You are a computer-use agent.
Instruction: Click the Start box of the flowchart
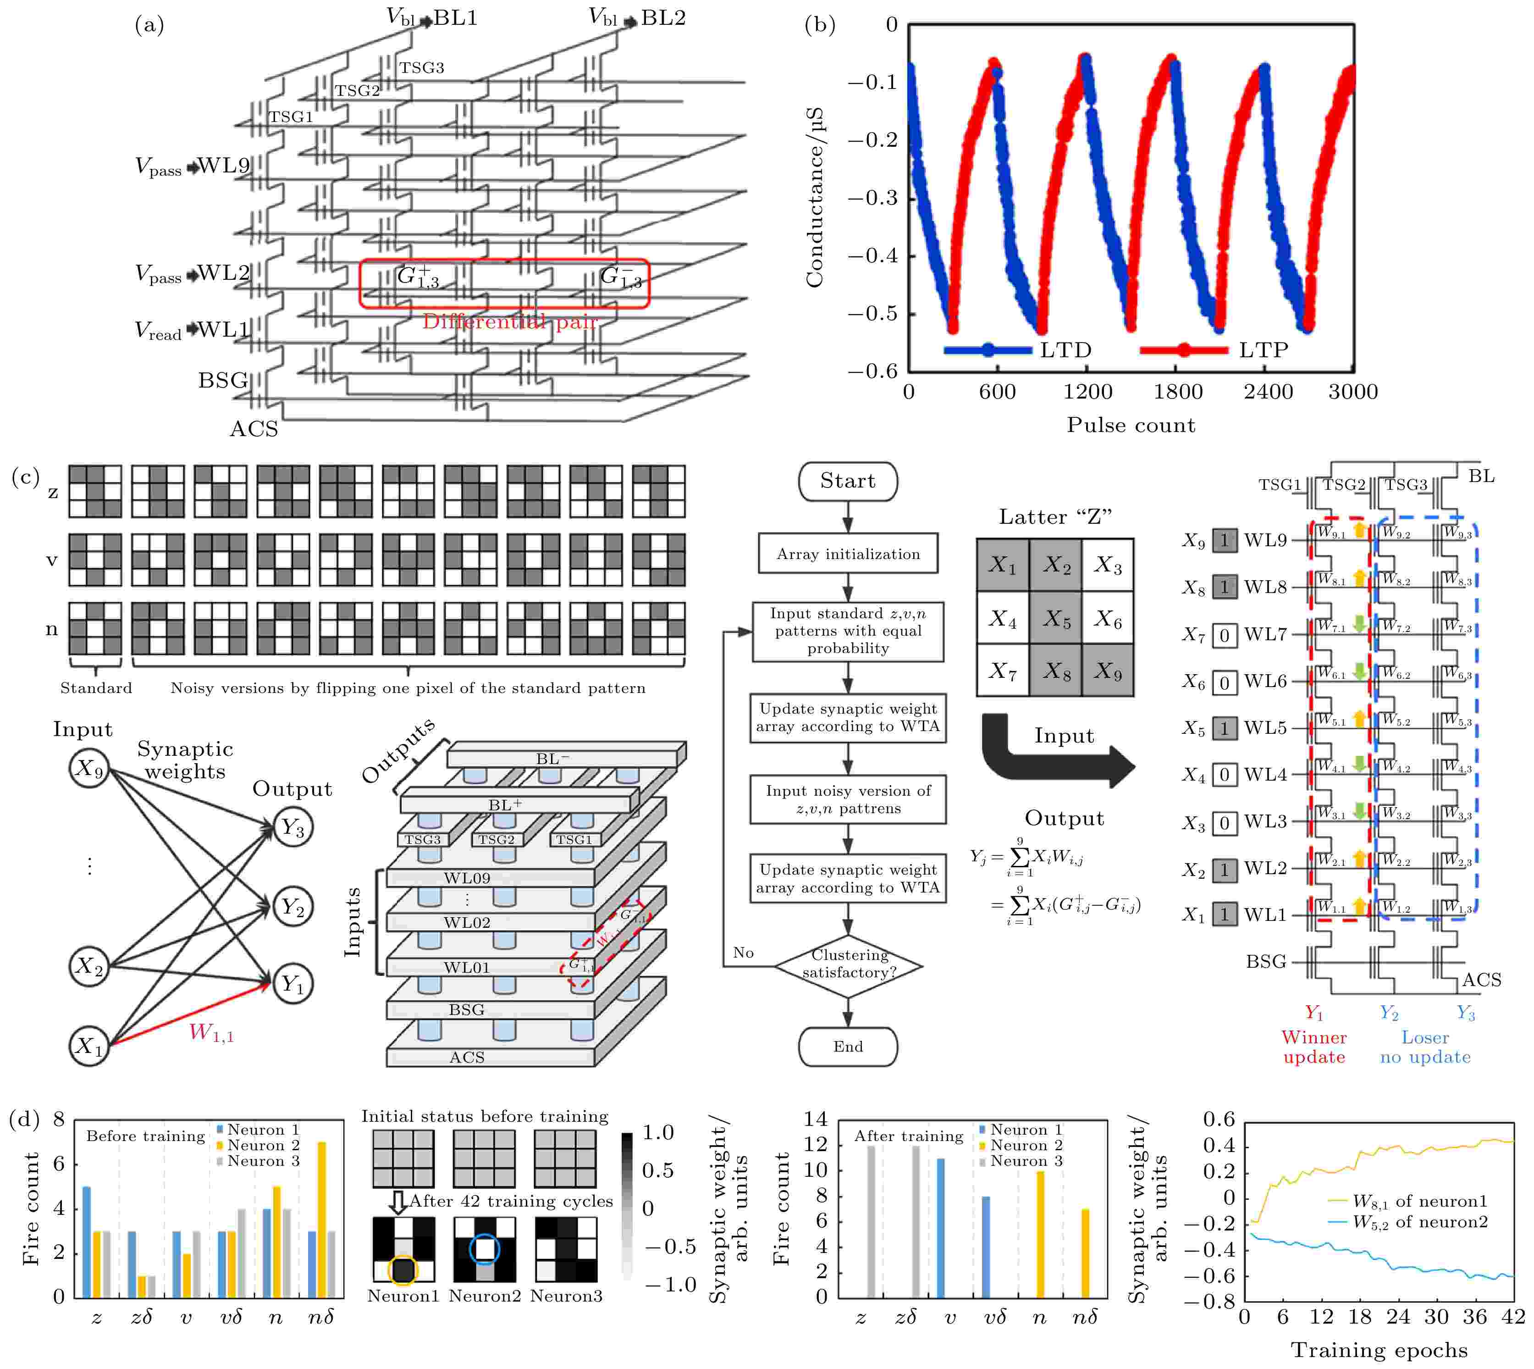click(x=848, y=482)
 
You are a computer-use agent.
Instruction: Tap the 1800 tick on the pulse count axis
click(x=1178, y=392)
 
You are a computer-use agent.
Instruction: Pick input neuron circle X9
click(x=89, y=768)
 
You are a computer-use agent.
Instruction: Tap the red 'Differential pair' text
click(x=510, y=322)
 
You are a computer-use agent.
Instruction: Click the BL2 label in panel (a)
click(x=662, y=18)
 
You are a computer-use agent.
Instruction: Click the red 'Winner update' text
click(x=1313, y=1047)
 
